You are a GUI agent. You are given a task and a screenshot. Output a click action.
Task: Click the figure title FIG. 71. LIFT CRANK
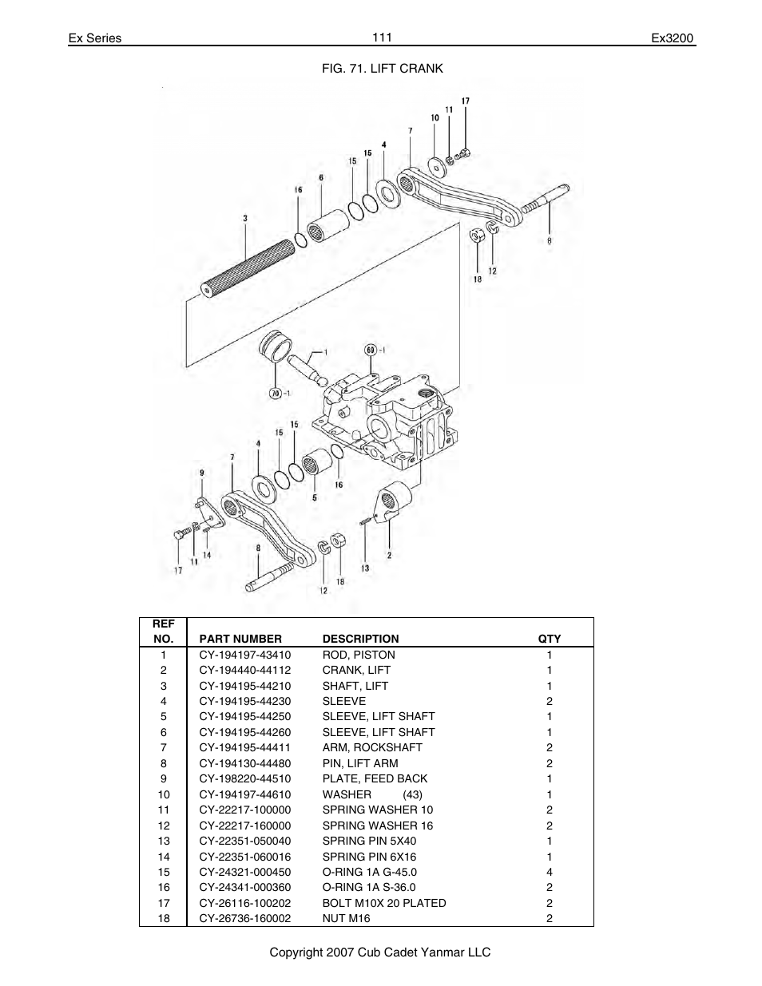pos(382,69)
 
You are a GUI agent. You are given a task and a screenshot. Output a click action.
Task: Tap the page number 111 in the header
pos(381,38)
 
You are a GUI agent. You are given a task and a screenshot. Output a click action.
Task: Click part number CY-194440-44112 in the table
pos(245,671)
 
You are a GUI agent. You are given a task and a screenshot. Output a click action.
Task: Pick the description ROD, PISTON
pos(359,655)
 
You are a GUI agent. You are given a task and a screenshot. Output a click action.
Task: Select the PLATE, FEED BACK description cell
pos(375,778)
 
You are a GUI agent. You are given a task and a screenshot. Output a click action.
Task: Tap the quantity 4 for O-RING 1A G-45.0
pos(550,872)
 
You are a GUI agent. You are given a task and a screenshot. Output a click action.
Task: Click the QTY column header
pos(550,639)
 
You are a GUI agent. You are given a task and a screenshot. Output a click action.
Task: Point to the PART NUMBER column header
pos(240,639)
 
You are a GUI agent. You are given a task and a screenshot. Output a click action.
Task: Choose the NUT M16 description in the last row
pos(346,918)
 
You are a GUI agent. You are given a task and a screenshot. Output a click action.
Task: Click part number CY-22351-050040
pos(245,841)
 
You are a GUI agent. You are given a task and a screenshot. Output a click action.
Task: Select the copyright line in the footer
pos(380,952)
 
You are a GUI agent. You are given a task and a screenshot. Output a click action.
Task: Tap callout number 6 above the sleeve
pos(320,178)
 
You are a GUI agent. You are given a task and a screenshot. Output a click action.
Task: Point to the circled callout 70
pos(275,392)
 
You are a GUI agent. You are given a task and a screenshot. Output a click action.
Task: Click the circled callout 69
pos(371,350)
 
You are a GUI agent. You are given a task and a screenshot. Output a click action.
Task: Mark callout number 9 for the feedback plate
pos(201,473)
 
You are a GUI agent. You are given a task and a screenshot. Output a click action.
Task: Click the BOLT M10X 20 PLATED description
pos(384,903)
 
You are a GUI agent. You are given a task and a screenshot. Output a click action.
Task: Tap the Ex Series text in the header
pos(94,38)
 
